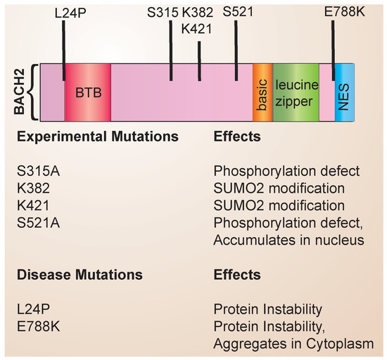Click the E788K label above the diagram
click(x=336, y=13)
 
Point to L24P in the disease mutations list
click(x=30, y=309)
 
